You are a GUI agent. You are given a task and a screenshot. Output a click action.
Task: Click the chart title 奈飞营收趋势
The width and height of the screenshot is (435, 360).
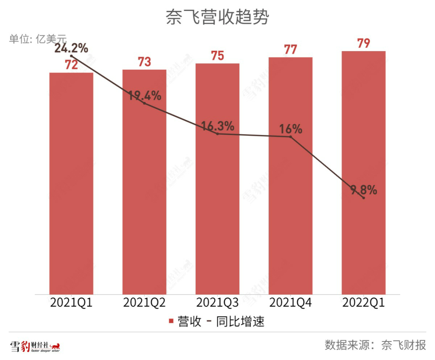217,17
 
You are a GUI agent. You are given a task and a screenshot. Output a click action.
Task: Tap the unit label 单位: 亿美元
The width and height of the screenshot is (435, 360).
37,39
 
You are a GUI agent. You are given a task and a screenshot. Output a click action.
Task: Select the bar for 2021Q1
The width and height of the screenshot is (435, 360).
71,183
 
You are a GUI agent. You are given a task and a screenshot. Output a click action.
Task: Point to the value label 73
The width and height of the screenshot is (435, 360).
144,62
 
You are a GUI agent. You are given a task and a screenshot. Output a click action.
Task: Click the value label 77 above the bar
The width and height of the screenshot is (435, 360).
290,50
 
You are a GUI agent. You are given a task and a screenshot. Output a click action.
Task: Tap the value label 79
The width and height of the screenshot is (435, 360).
363,44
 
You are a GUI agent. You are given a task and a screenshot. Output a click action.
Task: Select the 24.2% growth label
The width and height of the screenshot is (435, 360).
71,48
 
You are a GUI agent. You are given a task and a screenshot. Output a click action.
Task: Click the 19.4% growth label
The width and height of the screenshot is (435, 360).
145,96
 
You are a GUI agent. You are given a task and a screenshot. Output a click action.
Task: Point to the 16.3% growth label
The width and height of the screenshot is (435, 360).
217,126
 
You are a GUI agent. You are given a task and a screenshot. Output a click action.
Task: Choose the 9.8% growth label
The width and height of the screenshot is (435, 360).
363,190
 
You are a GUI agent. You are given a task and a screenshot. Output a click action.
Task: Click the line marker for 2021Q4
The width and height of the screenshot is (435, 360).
290,137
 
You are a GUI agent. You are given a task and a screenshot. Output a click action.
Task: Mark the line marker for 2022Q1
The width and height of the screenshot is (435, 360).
363,198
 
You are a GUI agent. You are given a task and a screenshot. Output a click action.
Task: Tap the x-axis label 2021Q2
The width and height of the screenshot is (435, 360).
144,303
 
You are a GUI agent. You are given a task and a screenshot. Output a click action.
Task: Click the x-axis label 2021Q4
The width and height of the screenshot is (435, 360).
290,303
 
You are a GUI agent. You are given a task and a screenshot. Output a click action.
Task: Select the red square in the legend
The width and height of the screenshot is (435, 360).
171,322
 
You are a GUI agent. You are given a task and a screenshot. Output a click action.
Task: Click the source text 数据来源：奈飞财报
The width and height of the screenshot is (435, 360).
375,345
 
